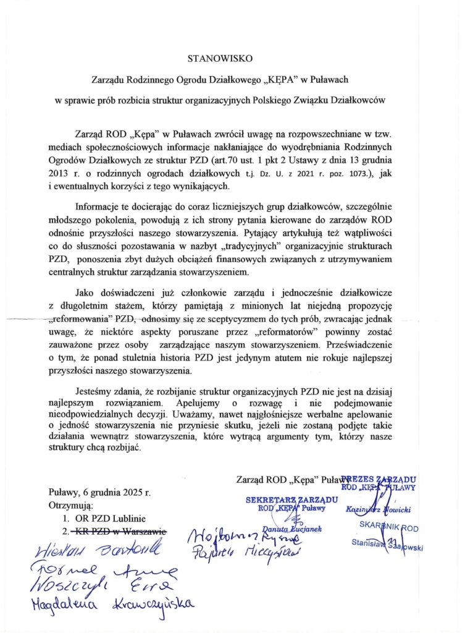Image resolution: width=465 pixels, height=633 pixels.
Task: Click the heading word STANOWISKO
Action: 220,59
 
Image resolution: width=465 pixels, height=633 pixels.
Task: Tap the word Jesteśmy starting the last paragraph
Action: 96,391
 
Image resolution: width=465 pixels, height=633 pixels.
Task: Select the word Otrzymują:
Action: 71,505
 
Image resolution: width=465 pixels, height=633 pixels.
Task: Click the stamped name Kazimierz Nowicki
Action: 375,509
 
